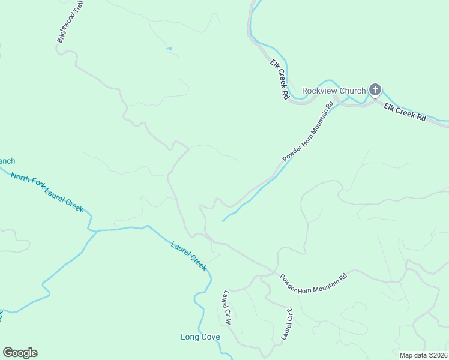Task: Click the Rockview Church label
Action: tap(334, 91)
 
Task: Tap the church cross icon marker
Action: tap(375, 91)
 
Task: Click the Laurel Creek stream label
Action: tap(188, 256)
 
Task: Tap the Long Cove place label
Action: tap(200, 337)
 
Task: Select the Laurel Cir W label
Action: tap(226, 308)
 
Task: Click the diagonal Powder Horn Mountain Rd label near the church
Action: tap(307, 132)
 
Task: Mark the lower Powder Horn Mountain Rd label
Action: tap(313, 283)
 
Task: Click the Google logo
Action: tap(20, 353)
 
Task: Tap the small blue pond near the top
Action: tap(170, 49)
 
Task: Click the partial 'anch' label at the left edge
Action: tap(7, 161)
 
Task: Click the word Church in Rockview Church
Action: tap(352, 91)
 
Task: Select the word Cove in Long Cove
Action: tap(210, 337)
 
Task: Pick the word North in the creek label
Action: tap(20, 178)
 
